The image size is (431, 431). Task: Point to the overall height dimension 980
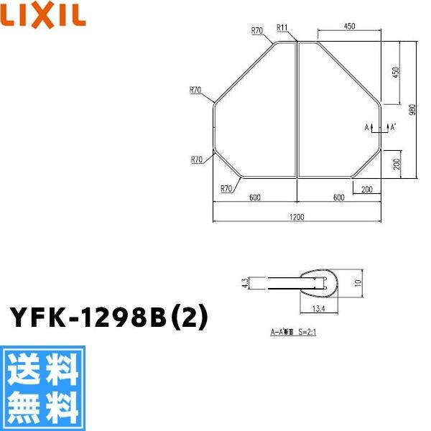pyautogui.click(x=412, y=109)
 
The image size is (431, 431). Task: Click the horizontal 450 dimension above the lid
pyautogui.click(x=350, y=27)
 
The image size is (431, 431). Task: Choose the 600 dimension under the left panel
pyautogui.click(x=254, y=198)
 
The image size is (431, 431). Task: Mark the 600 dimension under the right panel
pyautogui.click(x=337, y=198)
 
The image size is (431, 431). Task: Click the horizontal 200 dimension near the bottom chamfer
pyautogui.click(x=367, y=189)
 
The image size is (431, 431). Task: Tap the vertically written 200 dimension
pyautogui.click(x=395, y=164)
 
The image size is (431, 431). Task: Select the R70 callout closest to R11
pyautogui.click(x=257, y=30)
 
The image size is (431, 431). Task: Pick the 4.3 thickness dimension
pyautogui.click(x=245, y=283)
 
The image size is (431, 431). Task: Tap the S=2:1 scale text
pyautogui.click(x=305, y=333)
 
